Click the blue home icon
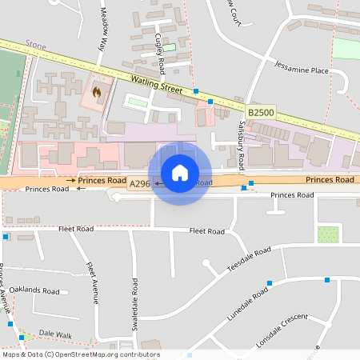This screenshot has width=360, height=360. coord(180,172)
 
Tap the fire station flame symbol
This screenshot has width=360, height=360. coord(98,92)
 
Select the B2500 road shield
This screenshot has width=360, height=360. coord(262,114)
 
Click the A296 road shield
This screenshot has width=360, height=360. coord(140,184)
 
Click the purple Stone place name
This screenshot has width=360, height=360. coord(35,46)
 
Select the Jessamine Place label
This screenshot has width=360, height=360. coord(301,70)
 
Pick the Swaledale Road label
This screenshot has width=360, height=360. coord(135,303)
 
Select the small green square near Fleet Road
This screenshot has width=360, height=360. coord(327,234)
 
